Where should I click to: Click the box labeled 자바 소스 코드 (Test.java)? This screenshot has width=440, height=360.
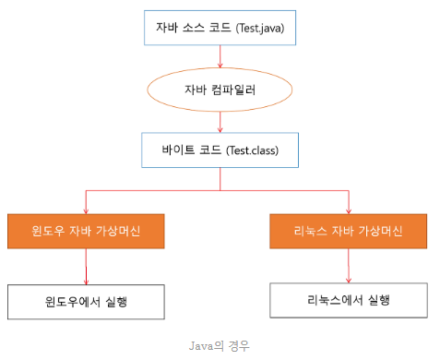click(x=220, y=28)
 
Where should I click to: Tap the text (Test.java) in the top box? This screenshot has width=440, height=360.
click(x=260, y=29)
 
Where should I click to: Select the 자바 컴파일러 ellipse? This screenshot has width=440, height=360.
click(x=220, y=90)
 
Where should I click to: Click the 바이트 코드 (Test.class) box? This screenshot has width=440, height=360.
click(x=220, y=150)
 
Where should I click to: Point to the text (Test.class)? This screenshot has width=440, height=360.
click(x=252, y=150)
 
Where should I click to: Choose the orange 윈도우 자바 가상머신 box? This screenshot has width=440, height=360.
click(x=86, y=231)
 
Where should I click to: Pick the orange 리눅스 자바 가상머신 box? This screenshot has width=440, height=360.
click(x=349, y=231)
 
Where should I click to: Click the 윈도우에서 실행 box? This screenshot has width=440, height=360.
click(x=86, y=302)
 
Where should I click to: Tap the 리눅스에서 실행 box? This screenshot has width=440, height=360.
click(x=349, y=300)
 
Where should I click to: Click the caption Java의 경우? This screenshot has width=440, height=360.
click(x=219, y=346)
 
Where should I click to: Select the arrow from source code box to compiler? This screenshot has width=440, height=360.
click(x=220, y=56)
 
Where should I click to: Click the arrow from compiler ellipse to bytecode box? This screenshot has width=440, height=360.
click(x=220, y=122)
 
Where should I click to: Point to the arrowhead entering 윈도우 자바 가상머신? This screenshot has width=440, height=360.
click(x=86, y=211)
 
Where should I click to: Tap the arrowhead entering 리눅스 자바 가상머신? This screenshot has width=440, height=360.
click(x=349, y=211)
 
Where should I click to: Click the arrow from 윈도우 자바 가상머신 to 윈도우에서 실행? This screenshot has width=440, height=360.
click(x=86, y=267)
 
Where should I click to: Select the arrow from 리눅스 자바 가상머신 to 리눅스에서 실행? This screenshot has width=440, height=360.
click(x=349, y=266)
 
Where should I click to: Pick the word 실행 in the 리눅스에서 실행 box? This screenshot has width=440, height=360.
click(x=379, y=300)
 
